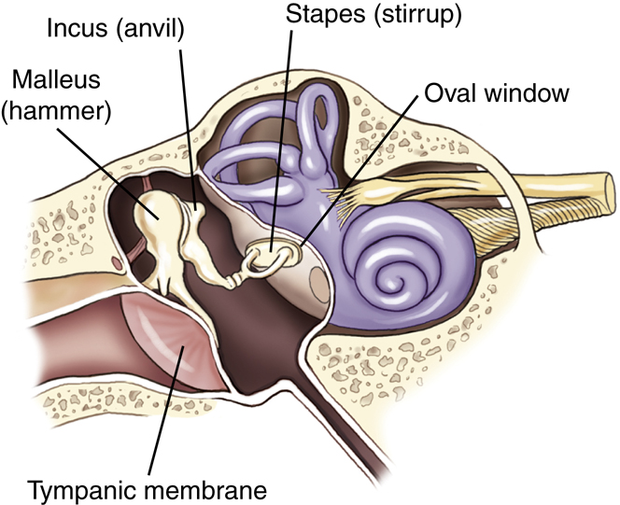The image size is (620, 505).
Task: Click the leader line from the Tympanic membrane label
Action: pos(163,412)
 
